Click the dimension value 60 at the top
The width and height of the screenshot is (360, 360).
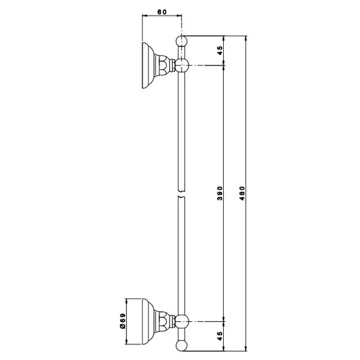(x=162, y=12)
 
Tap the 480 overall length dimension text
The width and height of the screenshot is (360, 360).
(x=242, y=193)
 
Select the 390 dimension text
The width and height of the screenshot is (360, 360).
(x=220, y=193)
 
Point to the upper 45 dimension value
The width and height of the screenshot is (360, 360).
(x=220, y=50)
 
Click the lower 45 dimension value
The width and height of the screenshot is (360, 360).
(x=220, y=336)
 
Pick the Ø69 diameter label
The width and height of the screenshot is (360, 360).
(x=123, y=321)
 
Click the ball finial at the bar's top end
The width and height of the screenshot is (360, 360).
(x=182, y=41)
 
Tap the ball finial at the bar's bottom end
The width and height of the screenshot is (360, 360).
(x=182, y=345)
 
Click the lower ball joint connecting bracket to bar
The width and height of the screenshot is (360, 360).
(x=182, y=321)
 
